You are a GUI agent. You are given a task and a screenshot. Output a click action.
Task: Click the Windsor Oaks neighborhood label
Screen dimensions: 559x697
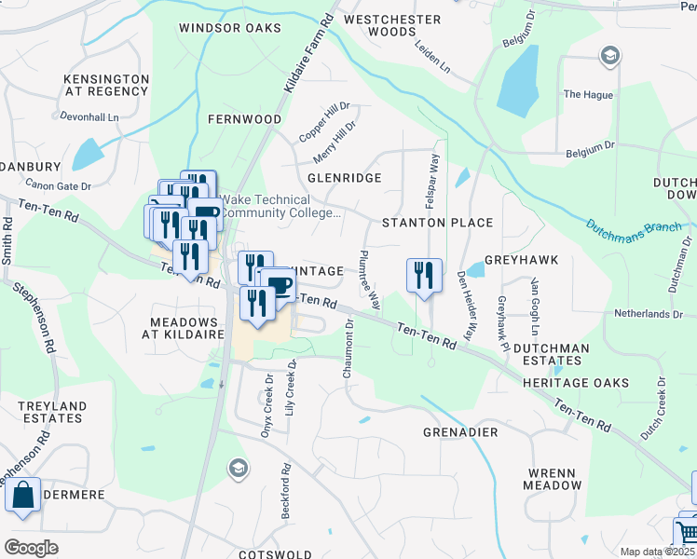click(x=229, y=29)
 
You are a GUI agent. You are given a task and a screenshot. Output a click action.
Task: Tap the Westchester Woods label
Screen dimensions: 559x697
click(x=391, y=25)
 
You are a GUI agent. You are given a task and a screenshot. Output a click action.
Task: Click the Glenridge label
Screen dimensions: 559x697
click(x=344, y=177)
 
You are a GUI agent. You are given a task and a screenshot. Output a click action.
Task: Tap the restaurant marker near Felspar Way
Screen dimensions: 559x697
click(x=424, y=275)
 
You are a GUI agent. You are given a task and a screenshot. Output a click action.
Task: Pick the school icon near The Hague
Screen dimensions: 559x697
click(x=609, y=57)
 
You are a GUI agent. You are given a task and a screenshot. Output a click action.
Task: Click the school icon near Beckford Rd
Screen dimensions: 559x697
click(x=238, y=468)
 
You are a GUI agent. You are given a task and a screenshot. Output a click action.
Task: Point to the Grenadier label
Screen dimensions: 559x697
click(x=460, y=433)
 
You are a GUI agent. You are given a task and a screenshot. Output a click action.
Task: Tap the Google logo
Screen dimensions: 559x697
click(x=32, y=547)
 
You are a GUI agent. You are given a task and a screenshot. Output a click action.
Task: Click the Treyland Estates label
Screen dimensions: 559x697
click(x=52, y=413)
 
